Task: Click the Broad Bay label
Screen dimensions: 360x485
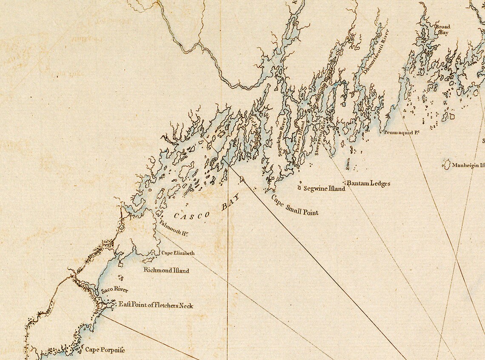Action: [x=442, y=29]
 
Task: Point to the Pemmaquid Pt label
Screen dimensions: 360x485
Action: [x=402, y=133]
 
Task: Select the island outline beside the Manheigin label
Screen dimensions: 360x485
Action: [x=447, y=165]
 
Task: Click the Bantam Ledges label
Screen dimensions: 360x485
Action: [x=368, y=184]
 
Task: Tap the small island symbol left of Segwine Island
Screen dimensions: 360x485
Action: [x=300, y=187]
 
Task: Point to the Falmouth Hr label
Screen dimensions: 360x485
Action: [x=174, y=228]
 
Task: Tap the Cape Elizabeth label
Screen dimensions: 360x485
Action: [x=178, y=253]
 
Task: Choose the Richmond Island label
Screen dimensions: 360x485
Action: [x=166, y=270]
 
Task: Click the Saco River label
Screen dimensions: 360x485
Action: [x=114, y=291]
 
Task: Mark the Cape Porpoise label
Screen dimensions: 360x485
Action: [x=105, y=350]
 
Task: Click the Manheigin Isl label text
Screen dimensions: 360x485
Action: [x=468, y=165]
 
